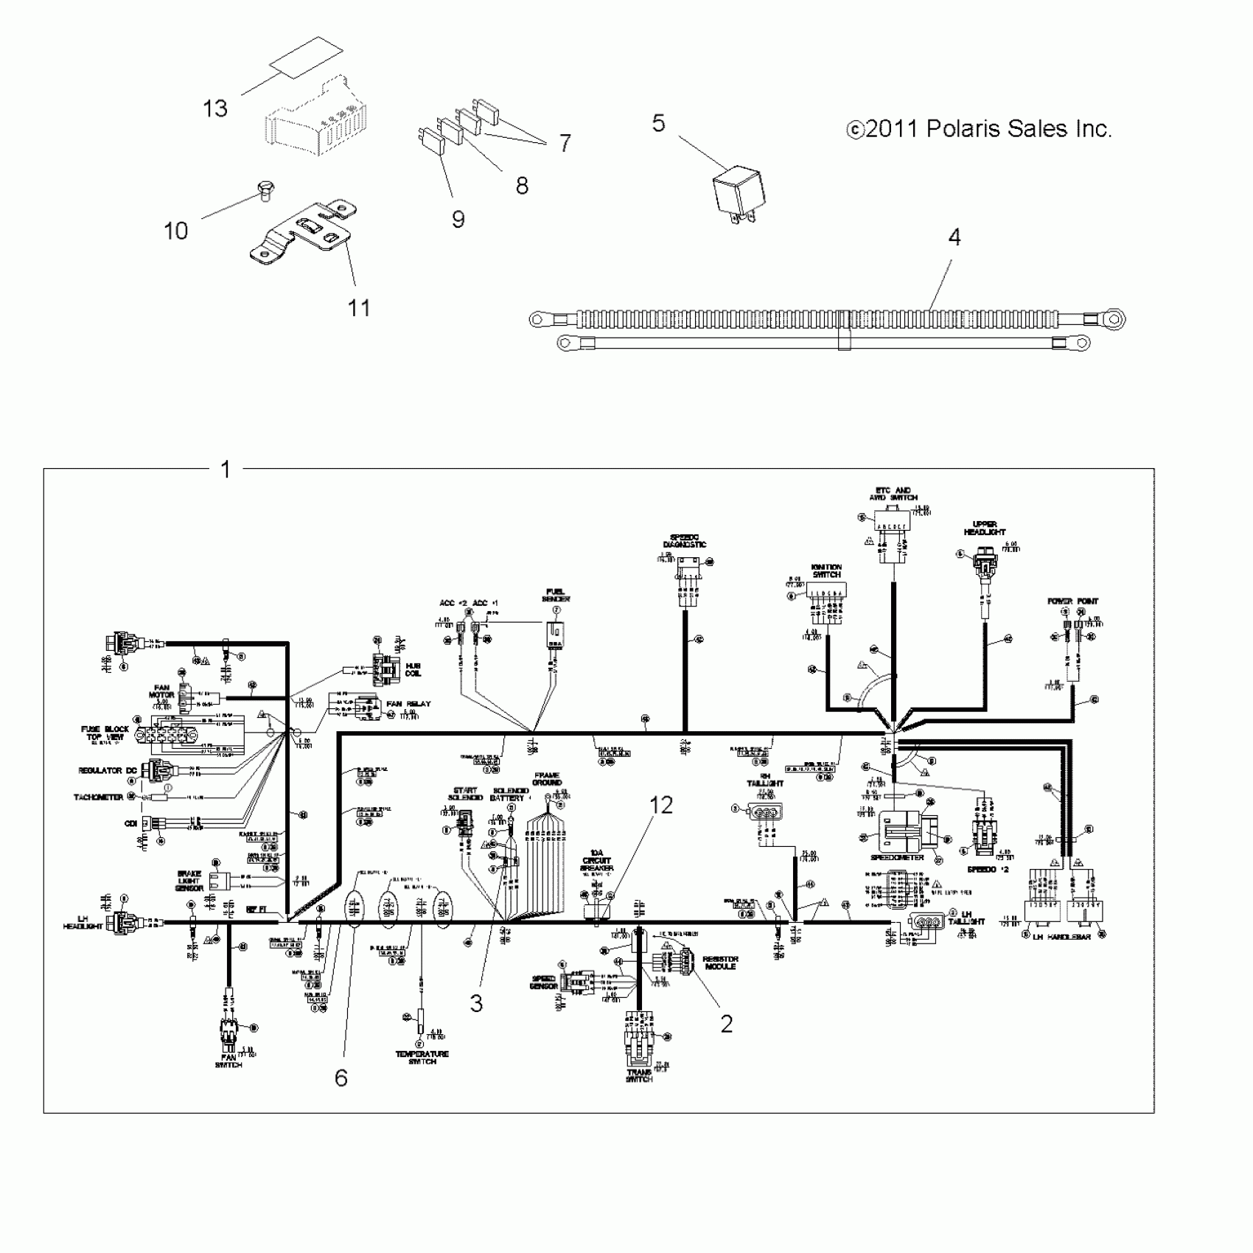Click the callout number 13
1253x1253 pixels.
click(x=214, y=109)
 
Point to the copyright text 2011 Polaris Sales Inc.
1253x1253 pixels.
click(x=979, y=129)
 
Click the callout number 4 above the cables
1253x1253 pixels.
click(x=954, y=237)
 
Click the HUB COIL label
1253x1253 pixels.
click(x=413, y=669)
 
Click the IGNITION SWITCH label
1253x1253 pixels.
click(x=826, y=570)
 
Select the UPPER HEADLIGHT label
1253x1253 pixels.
click(x=985, y=528)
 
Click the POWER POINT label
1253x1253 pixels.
click(x=1072, y=601)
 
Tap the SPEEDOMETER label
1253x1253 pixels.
click(x=897, y=858)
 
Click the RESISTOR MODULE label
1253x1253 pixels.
click(x=720, y=963)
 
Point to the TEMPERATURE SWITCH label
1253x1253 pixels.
click(x=422, y=1058)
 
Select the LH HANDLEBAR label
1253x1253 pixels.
click(x=1061, y=936)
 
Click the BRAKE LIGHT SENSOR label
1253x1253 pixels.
click(x=189, y=881)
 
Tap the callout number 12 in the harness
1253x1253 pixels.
click(x=661, y=806)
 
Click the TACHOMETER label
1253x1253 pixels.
click(x=98, y=797)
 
